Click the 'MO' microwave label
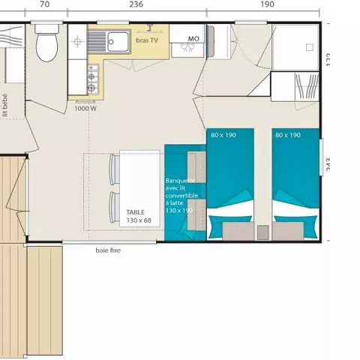pyautogui.click(x=193, y=37)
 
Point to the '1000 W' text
pyautogui.click(x=85, y=108)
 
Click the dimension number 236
pyautogui.click(x=135, y=4)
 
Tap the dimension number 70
pyautogui.click(x=44, y=4)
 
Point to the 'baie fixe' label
pyautogui.click(x=108, y=250)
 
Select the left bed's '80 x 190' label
pyautogui.click(x=223, y=135)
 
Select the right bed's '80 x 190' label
pyautogui.click(x=288, y=135)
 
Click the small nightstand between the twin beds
pyautogui.click(x=262, y=232)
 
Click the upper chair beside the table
pyautogui.click(x=115, y=169)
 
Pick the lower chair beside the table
pyautogui.click(x=115, y=207)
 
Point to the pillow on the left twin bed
pyautogui.click(x=230, y=229)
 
